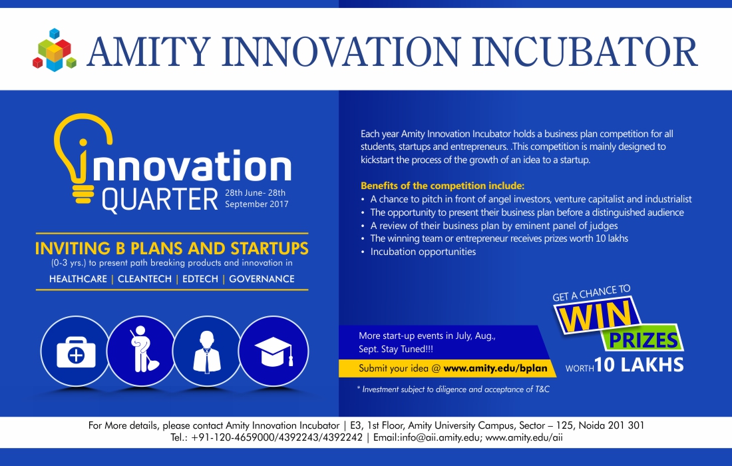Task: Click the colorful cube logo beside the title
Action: click(x=54, y=51)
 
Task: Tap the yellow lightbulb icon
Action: click(x=83, y=158)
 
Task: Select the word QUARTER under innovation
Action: click(x=160, y=200)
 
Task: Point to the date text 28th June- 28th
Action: click(x=255, y=192)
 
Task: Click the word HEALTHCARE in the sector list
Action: click(x=78, y=279)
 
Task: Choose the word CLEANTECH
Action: click(x=144, y=279)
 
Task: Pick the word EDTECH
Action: click(x=200, y=279)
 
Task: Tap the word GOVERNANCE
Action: click(x=262, y=279)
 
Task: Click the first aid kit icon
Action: click(x=76, y=351)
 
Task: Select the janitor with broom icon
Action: click(x=142, y=351)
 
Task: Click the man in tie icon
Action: click(x=207, y=351)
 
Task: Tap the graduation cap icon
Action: click(x=274, y=351)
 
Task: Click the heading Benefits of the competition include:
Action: click(x=443, y=185)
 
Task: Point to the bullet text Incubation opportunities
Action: click(x=423, y=252)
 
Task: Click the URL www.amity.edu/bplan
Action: click(x=495, y=368)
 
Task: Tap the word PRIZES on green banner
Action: click(x=643, y=340)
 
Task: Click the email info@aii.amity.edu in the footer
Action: click(x=439, y=438)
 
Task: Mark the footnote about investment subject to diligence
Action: click(x=453, y=389)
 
